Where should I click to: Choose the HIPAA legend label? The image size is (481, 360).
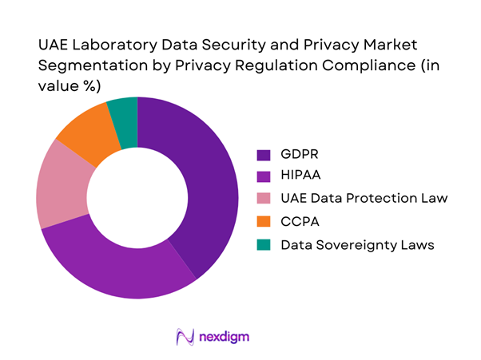[301, 176]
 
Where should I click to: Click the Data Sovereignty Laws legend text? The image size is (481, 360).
[357, 244]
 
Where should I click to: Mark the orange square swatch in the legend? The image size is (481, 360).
[263, 222]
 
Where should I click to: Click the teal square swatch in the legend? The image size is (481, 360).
[263, 244]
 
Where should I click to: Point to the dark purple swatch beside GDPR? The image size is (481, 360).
[263, 153]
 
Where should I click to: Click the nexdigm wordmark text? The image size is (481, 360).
[225, 337]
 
